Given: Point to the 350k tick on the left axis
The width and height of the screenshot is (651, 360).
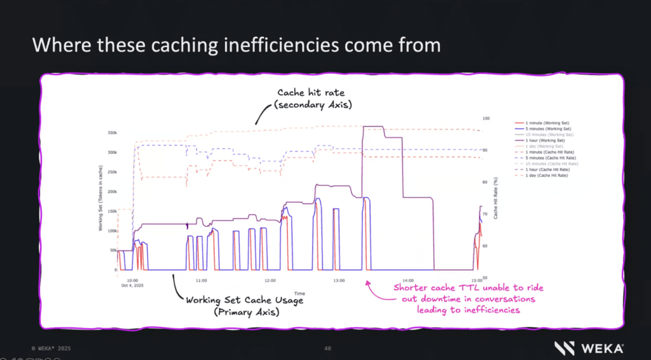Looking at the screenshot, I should pos(112,133).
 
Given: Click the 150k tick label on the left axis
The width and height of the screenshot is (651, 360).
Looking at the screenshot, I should pos(112,211).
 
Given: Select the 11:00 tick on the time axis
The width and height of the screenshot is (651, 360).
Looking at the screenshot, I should pos(201,280).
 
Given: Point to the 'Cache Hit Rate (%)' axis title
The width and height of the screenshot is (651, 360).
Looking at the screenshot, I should pos(495,198).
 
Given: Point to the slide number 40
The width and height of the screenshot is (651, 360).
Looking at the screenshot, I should pos(327,348).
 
